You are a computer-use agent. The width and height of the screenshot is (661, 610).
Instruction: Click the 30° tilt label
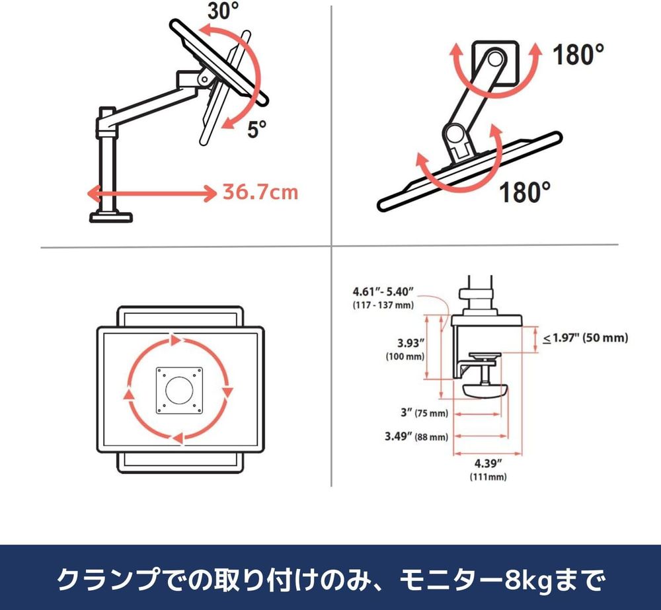pyautogui.click(x=223, y=11)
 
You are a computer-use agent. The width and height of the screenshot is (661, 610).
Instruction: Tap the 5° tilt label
pyautogui.click(x=257, y=130)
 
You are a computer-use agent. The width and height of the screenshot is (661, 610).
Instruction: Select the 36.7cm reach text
pyautogui.click(x=260, y=192)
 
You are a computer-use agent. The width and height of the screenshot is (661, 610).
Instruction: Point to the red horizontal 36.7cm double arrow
pyautogui.click(x=151, y=194)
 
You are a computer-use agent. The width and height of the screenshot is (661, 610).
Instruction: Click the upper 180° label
pyautogui.click(x=578, y=54)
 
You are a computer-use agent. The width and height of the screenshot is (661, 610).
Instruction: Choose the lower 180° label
pyautogui.click(x=525, y=192)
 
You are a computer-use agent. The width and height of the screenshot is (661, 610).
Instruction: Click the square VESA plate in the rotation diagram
pyautogui.click(x=180, y=391)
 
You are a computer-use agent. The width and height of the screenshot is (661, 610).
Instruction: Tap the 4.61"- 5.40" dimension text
pyautogui.click(x=383, y=291)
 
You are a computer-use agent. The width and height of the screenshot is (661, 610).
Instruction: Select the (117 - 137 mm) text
pyautogui.click(x=383, y=305)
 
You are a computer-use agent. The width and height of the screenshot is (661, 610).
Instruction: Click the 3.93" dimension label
pyautogui.click(x=410, y=343)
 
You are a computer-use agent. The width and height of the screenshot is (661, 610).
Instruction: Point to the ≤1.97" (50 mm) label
pyautogui.click(x=585, y=338)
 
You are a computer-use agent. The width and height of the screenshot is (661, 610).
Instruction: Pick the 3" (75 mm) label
pyautogui.click(x=424, y=412)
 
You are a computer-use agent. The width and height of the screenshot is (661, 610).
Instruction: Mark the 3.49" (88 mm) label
pyautogui.click(x=416, y=436)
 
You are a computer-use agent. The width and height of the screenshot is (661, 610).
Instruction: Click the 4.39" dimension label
pyautogui.click(x=488, y=464)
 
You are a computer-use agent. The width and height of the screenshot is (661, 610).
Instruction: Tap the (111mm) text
pyautogui.click(x=488, y=477)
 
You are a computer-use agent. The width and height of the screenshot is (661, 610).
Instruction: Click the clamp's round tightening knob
pyautogui.click(x=485, y=390)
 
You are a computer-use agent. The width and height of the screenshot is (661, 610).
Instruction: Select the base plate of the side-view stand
pyautogui.click(x=111, y=217)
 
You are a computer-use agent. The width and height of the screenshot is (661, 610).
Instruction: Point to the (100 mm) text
pyautogui.click(x=405, y=356)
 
